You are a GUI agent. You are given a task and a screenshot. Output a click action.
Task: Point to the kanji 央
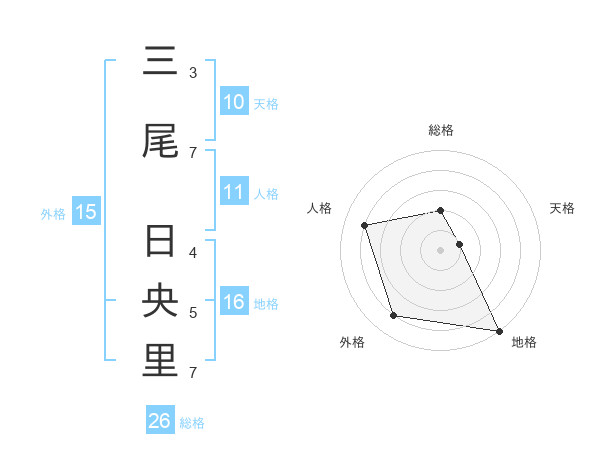click(x=160, y=303)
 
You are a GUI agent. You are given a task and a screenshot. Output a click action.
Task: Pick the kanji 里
click(x=160, y=362)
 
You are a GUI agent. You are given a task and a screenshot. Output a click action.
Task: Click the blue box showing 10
click(x=234, y=101)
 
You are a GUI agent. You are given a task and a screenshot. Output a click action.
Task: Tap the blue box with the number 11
click(x=234, y=192)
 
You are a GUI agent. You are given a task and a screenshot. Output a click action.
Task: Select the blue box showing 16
click(x=234, y=302)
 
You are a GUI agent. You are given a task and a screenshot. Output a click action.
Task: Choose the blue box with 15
click(x=85, y=211)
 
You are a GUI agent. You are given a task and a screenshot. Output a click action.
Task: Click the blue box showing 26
click(x=159, y=421)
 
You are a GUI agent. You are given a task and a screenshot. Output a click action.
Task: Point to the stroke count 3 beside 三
click(x=193, y=73)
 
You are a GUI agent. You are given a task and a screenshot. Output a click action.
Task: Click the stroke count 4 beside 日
click(x=193, y=252)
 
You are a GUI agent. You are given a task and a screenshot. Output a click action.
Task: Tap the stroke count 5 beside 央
click(x=193, y=313)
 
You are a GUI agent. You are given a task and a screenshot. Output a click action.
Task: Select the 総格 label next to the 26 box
click(x=192, y=423)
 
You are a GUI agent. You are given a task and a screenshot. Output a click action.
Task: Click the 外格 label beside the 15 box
click(x=53, y=213)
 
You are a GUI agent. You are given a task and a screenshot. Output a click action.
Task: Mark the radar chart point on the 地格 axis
click(x=498, y=330)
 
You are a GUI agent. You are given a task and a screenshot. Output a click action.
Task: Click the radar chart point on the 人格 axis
click(x=365, y=224)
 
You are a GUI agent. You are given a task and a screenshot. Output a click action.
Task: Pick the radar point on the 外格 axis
click(x=394, y=316)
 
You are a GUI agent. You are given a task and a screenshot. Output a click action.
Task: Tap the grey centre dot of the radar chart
click(x=440, y=249)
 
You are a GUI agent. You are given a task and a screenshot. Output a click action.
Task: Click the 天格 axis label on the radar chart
click(x=562, y=208)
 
